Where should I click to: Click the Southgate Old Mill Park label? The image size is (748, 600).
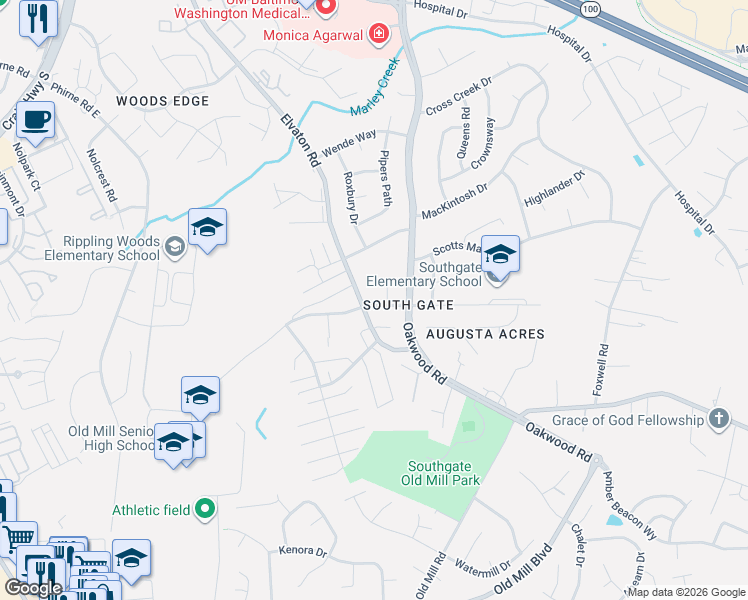coord(443,473)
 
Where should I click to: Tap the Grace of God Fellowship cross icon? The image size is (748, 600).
coord(718,419)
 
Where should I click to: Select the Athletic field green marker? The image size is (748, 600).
coord(205,510)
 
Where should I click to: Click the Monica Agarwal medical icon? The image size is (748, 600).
coord(379,36)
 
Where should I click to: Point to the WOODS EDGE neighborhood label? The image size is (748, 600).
coord(162,101)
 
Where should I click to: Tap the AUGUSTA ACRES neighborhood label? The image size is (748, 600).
coord(485,334)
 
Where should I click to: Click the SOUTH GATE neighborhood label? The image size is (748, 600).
coord(408,305)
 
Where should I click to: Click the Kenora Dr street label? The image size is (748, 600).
coord(304,551)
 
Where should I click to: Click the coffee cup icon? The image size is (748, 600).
coord(36,120)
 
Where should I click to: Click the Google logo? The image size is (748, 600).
coord(33,588)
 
